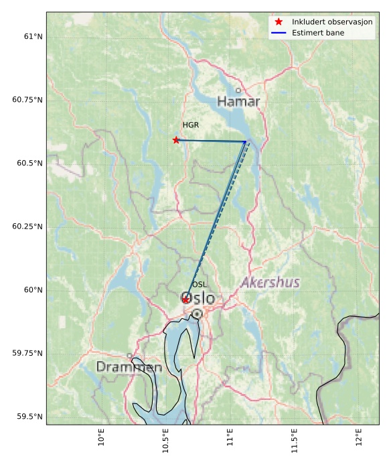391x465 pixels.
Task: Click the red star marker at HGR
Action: point(176,140)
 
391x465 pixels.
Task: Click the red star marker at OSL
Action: point(185,300)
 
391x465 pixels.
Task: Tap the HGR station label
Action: point(191,125)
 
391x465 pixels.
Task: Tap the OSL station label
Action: point(200,285)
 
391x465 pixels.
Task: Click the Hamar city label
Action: point(238,101)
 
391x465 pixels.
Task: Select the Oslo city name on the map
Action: point(198,299)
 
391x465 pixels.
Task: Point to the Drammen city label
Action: point(129,367)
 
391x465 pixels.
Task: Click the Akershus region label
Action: point(270,282)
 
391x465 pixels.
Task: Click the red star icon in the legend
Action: point(279,22)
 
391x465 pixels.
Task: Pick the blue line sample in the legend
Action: point(279,33)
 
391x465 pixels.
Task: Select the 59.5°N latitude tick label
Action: point(27,417)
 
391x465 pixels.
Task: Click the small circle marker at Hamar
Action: point(238,90)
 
